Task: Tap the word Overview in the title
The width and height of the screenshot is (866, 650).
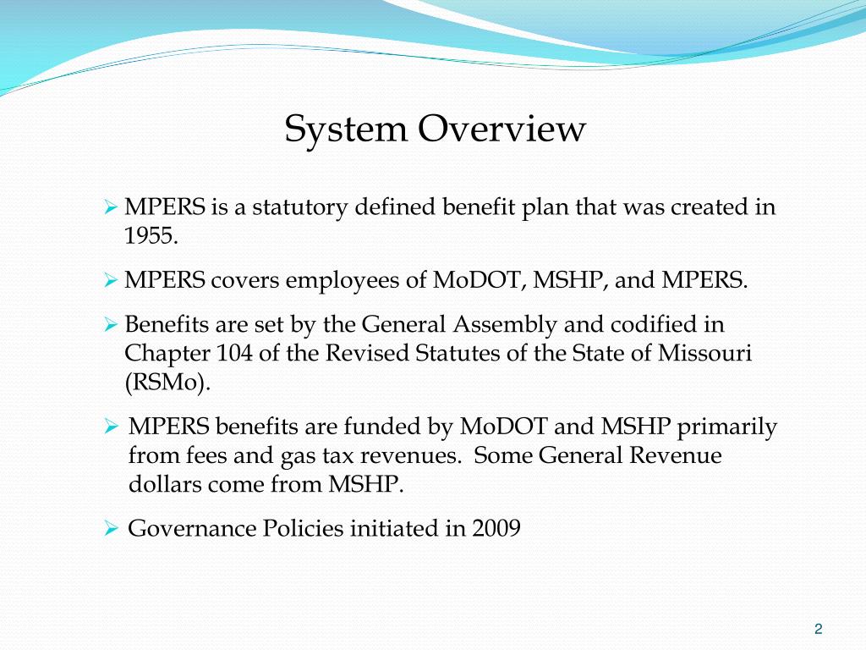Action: [x=501, y=129]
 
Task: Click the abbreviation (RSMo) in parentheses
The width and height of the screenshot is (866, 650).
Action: [x=167, y=382]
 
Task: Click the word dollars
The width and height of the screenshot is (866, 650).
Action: [x=165, y=485]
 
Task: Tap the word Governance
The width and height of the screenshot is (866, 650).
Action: [x=191, y=529]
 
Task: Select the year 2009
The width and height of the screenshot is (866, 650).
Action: [x=496, y=529]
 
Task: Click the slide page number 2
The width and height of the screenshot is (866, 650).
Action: [x=818, y=628]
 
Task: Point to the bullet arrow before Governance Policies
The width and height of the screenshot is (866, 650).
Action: [x=110, y=529]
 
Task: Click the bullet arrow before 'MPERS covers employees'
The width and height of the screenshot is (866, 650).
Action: [x=110, y=280]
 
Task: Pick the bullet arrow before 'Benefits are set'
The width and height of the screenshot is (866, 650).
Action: [x=110, y=324]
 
